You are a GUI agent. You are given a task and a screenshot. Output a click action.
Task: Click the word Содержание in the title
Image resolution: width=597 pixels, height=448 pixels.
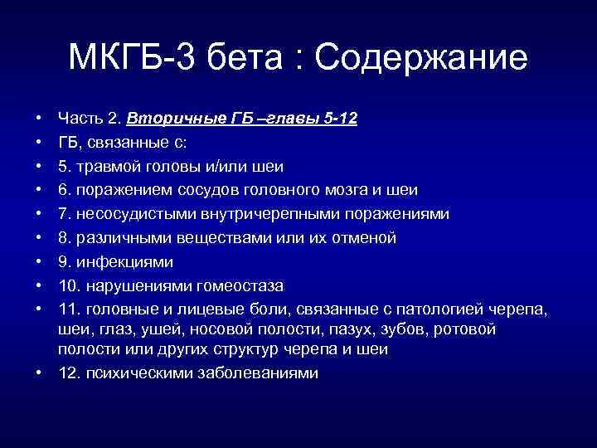click(421, 58)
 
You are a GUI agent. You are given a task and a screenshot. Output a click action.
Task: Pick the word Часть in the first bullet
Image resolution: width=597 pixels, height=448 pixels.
click(78, 119)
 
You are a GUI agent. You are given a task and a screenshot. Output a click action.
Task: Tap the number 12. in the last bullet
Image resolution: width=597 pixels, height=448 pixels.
click(68, 373)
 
